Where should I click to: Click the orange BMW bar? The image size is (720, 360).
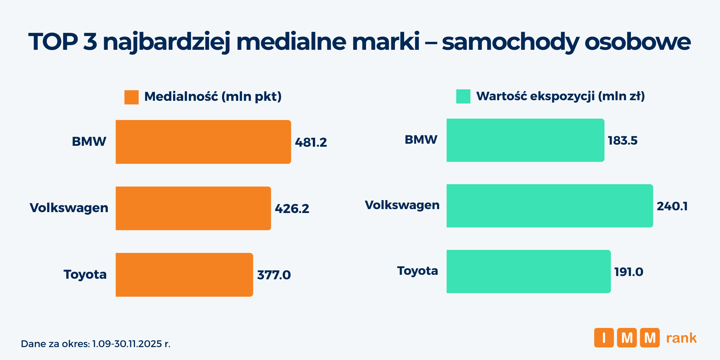[203, 142]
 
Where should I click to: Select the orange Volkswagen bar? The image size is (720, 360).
[193, 208]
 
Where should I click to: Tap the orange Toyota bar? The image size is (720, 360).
[184, 274]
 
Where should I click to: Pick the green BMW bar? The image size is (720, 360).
[525, 140]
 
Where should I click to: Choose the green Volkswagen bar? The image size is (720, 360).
[550, 206]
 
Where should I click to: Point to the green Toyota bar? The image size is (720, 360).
[529, 271]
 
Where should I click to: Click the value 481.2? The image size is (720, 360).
[311, 142]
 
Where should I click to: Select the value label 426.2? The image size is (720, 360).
[292, 209]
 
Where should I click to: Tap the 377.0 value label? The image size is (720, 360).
[274, 275]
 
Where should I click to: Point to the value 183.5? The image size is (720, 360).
[622, 141]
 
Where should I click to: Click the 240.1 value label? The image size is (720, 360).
[672, 206]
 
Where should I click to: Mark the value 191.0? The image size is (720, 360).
[628, 272]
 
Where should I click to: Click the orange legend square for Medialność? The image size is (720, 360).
[131, 97]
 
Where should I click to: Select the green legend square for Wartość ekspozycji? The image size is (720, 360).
[463, 97]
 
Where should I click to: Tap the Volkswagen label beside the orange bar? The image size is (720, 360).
[69, 208]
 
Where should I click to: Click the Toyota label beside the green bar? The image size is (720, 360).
[418, 271]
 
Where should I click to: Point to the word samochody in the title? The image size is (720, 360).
[510, 42]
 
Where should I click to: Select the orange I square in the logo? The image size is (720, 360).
[604, 338]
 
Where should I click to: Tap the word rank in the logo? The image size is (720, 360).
[681, 338]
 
